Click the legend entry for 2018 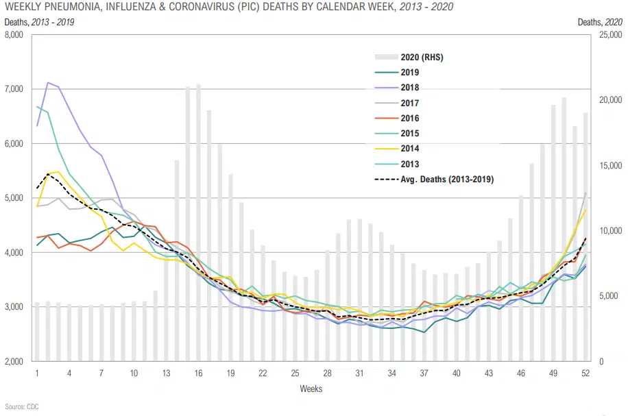pos(409,88)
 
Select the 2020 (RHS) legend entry pos(422,57)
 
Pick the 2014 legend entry pos(409,149)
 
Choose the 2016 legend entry pos(409,119)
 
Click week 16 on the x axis pos(198,373)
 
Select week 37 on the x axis pos(424,373)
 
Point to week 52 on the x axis pos(585,373)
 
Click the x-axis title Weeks pos(311,389)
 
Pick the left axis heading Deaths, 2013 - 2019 pos(40,22)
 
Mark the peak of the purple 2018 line pos(47,83)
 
